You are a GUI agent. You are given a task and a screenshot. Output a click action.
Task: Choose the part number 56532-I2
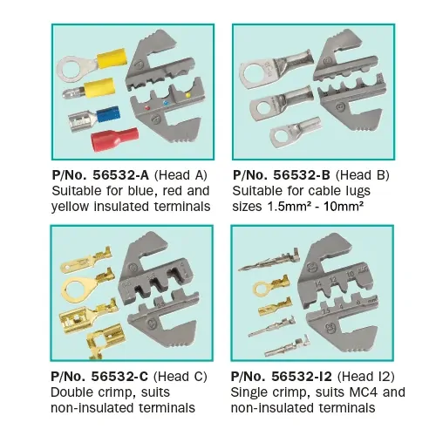tap(290, 377)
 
